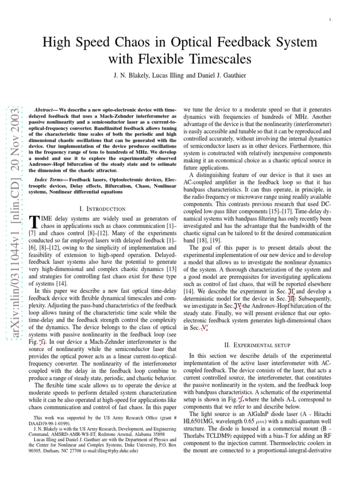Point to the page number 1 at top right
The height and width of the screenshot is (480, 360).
click(331, 19)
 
